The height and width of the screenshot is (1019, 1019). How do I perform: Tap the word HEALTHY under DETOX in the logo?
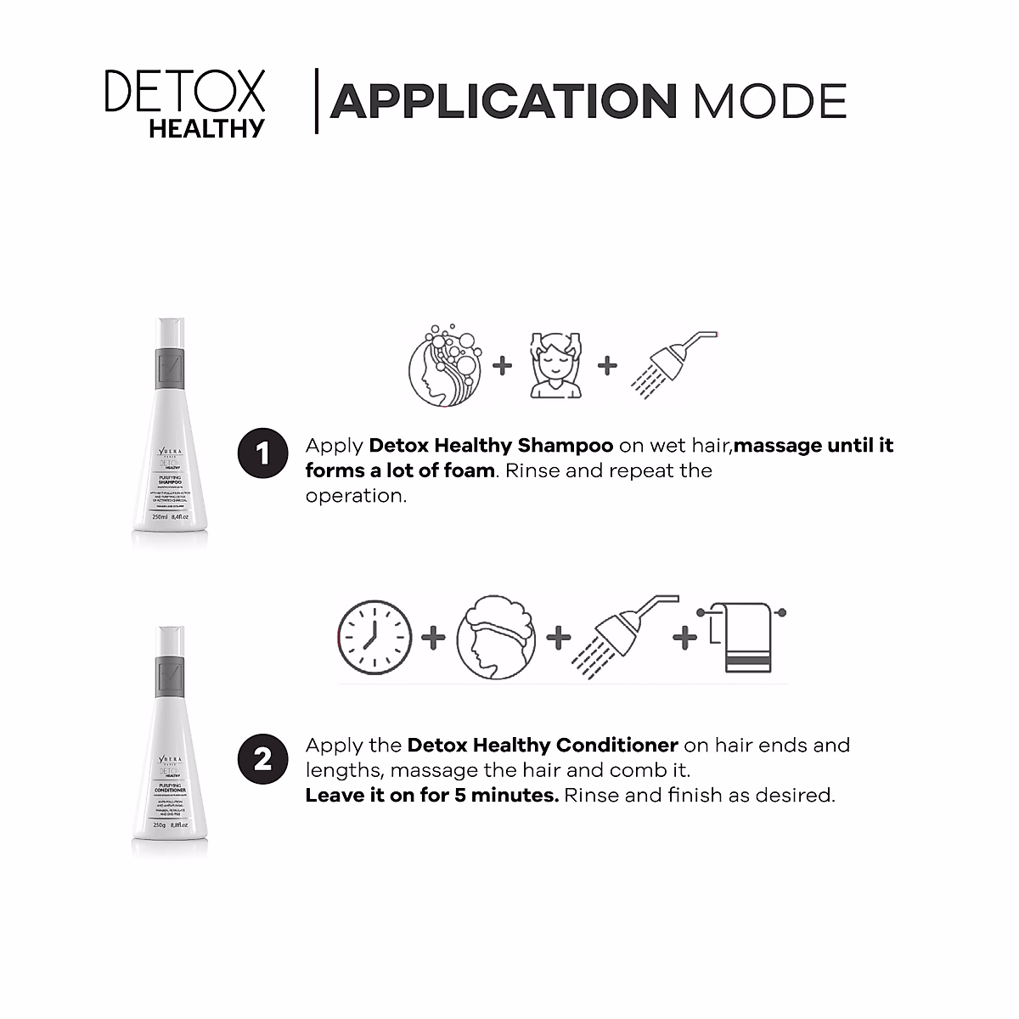click(x=206, y=128)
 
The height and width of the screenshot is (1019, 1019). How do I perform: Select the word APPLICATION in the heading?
click(x=503, y=101)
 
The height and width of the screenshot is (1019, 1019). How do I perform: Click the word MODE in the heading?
click(x=769, y=101)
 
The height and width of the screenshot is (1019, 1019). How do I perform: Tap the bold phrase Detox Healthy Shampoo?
click(x=491, y=446)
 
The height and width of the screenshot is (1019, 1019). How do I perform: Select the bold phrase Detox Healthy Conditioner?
click(x=543, y=746)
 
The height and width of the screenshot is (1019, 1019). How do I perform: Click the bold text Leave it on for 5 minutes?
click(x=431, y=796)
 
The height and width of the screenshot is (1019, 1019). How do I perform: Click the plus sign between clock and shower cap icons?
click(x=433, y=638)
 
